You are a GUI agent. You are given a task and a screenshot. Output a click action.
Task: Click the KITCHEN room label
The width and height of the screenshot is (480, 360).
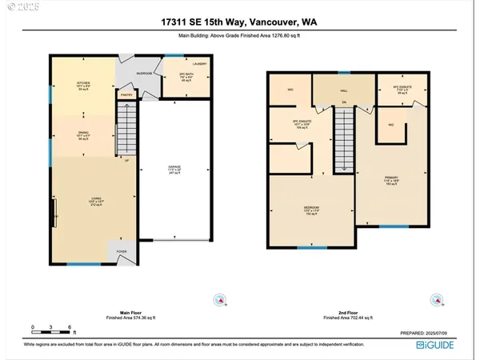(x=82, y=82)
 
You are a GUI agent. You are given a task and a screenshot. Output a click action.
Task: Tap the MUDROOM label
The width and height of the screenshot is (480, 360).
(x=143, y=73)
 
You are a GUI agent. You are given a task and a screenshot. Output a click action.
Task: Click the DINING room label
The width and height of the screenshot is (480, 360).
(x=82, y=133)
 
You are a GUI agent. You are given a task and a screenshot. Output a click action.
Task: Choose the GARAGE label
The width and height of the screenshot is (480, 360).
(x=175, y=168)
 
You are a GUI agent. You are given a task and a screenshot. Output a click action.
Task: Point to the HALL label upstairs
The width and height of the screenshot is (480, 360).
(x=342, y=90)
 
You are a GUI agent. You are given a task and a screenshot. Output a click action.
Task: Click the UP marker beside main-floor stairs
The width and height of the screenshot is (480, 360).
(x=126, y=162)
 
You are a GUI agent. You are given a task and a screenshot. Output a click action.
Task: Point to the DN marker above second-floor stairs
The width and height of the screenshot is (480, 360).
(x=342, y=102)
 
